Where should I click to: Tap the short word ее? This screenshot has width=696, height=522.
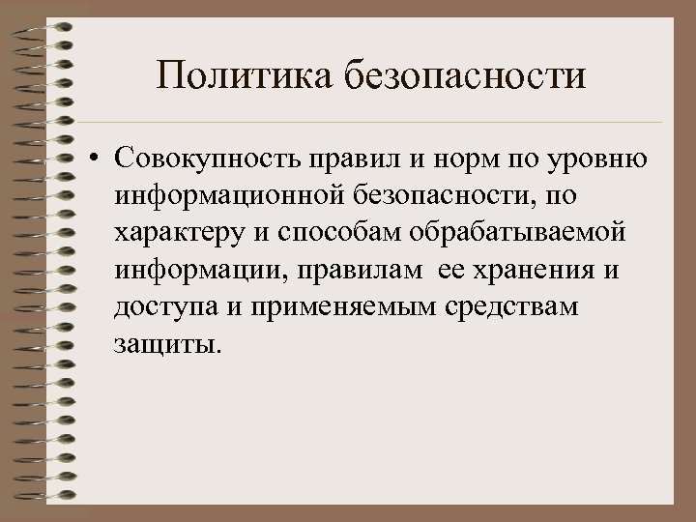tap(451, 270)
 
